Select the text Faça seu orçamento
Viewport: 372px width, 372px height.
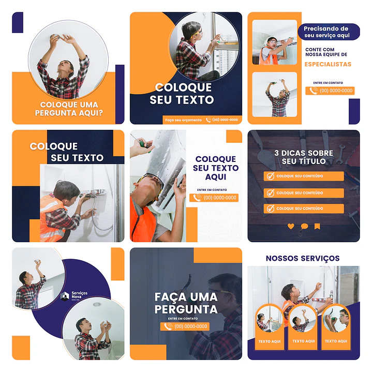pos(183,120)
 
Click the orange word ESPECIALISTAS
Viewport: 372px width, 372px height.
pos(328,65)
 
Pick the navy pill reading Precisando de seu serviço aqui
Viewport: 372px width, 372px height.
pos(326,32)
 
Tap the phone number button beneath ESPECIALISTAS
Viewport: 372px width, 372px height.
pos(330,91)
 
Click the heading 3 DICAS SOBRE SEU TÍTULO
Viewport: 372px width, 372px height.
pos(304,157)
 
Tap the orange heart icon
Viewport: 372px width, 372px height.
pos(291,226)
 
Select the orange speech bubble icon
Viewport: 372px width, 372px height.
pos(304,226)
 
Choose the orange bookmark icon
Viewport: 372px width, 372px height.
pos(317,226)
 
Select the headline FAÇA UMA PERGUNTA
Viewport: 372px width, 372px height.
pos(186,303)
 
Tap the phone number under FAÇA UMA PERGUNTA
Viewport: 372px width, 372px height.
pos(186,326)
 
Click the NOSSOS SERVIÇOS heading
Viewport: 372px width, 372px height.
pos(303,258)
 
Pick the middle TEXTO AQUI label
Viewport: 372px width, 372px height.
pos(303,341)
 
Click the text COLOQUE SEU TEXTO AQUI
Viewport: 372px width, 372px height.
pos(216,168)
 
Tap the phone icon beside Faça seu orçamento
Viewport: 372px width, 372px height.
pos(209,120)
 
